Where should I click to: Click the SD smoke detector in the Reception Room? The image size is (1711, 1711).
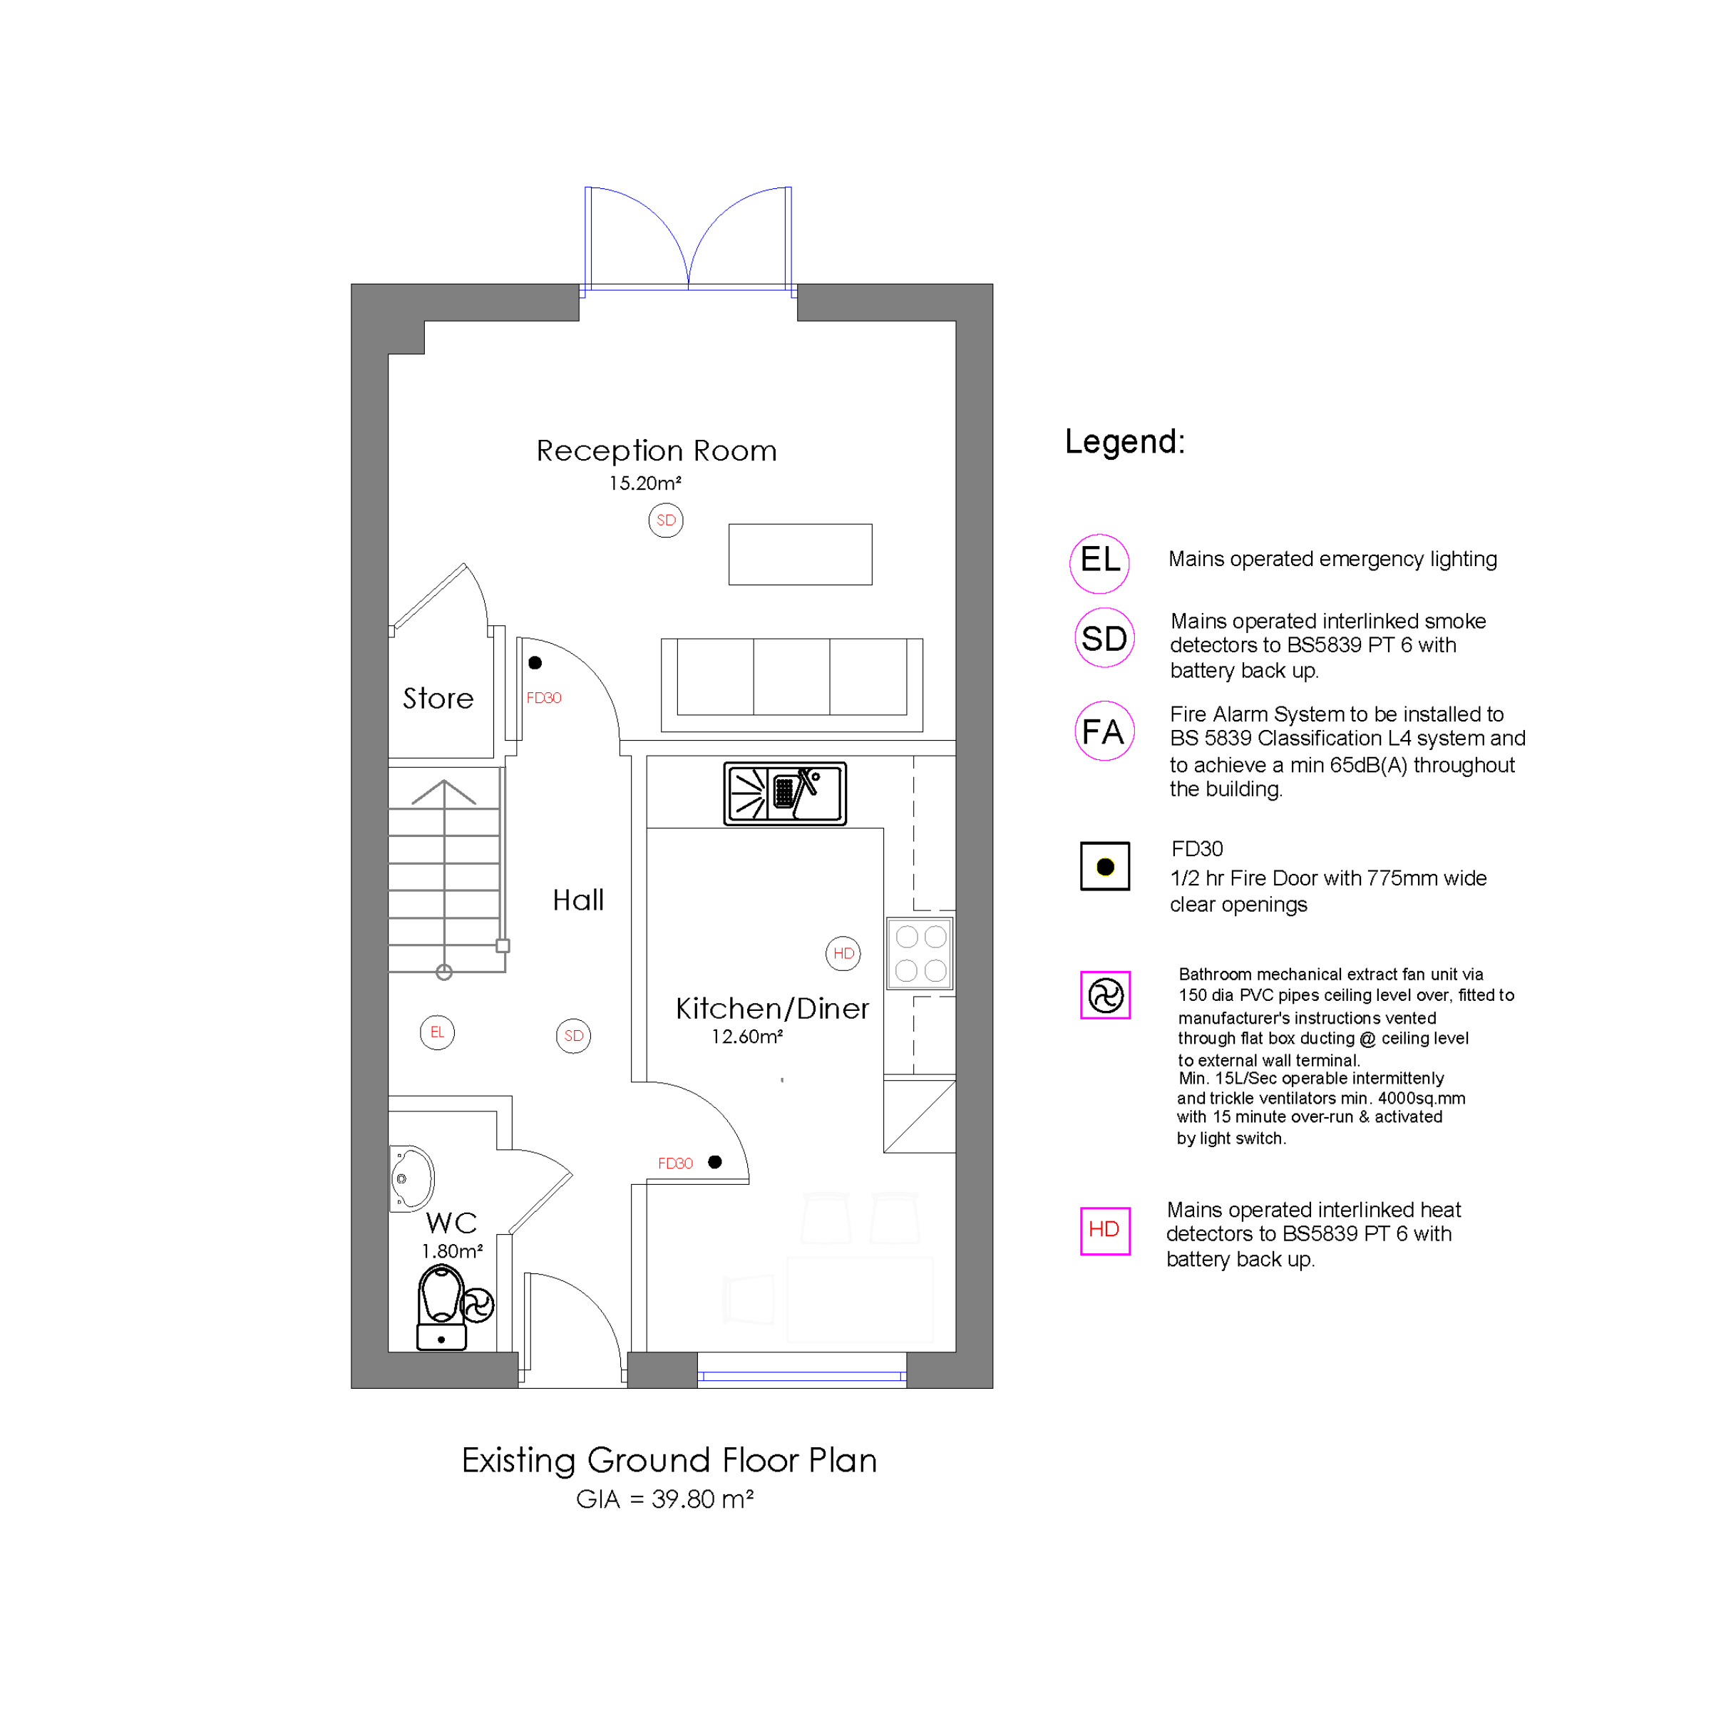666,520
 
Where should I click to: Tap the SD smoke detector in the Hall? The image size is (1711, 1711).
574,1035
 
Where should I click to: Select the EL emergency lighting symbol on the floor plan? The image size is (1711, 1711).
438,1032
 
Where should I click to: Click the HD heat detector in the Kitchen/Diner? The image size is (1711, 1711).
843,953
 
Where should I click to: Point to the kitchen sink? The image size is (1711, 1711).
785,793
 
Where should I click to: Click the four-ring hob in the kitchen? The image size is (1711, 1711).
920,953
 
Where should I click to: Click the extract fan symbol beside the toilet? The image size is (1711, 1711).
478,1305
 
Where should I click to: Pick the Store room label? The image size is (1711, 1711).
438,698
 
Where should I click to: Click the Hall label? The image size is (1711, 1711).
578,900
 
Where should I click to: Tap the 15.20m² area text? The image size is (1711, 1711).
644,483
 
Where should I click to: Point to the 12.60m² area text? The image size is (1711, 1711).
746,1036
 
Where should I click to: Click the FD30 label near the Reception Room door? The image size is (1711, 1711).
544,698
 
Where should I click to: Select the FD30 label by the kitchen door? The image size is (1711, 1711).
675,1163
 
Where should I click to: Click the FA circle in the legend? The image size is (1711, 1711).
1104,731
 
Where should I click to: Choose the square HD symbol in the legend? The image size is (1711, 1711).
1105,1230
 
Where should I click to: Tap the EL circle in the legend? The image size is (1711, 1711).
1099,563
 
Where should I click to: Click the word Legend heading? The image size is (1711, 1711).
1125,441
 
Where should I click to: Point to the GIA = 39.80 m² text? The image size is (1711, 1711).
664,1499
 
